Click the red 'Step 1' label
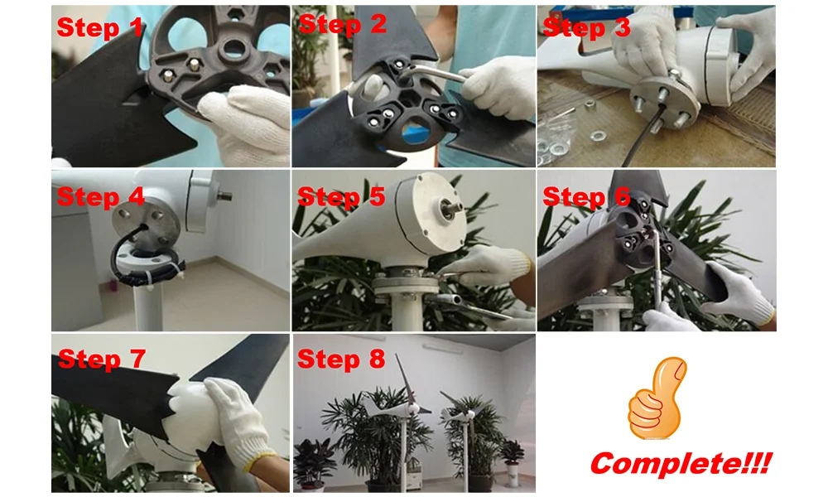click(x=99, y=27)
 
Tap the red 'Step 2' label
click(x=342, y=24)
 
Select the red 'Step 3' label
click(x=586, y=27)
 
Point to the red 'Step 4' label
click(x=100, y=196)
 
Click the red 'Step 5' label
click(x=341, y=196)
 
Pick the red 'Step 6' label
click(x=587, y=196)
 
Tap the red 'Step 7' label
click(x=101, y=359)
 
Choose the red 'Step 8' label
click(x=341, y=359)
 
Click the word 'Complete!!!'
click(x=681, y=463)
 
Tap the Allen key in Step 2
click(x=433, y=74)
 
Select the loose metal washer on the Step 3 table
click(x=598, y=137)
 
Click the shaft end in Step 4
click(x=225, y=195)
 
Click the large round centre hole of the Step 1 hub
click(x=233, y=50)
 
